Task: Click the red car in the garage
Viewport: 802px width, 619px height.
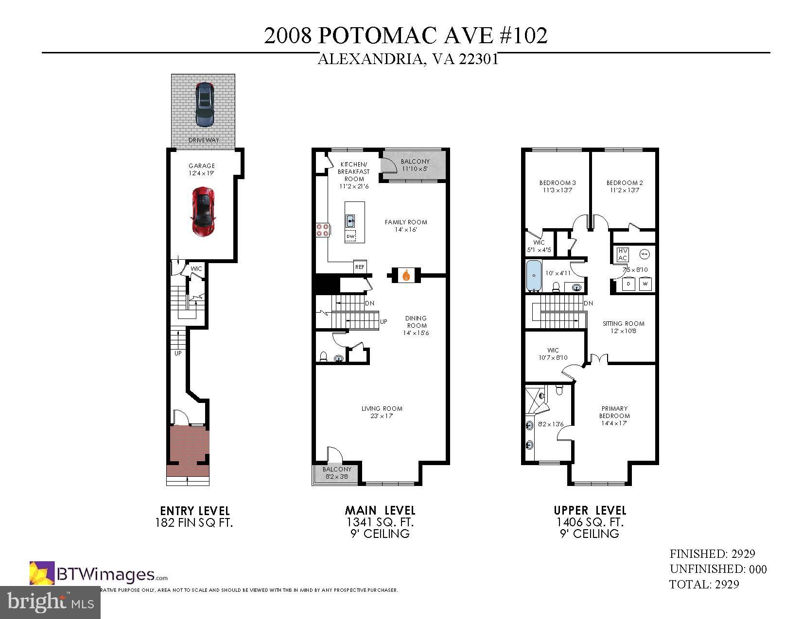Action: coord(203,212)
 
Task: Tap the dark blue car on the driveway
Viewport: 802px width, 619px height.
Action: coord(205,104)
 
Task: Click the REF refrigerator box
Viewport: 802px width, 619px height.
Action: coord(360,267)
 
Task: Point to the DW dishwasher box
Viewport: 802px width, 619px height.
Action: coord(350,236)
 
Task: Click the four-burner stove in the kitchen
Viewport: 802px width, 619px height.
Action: coord(322,229)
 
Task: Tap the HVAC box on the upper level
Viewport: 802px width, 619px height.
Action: coord(623,255)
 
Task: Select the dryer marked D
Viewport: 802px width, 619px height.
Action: coord(628,284)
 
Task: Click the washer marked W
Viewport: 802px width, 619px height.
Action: coord(645,284)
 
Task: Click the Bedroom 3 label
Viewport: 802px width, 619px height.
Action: coord(558,183)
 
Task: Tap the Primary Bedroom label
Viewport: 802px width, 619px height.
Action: coord(614,412)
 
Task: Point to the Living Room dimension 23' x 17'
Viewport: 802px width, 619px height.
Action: coord(382,416)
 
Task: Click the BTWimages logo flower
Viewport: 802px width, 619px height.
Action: coord(42,573)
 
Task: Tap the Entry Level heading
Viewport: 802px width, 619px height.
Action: coord(195,511)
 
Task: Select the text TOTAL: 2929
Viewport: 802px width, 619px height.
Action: coord(704,584)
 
